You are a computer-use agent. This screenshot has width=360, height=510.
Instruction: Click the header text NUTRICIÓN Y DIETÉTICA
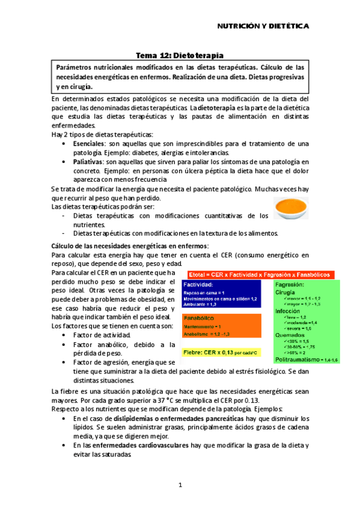(x=263, y=26)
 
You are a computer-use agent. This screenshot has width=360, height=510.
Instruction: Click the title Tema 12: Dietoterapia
(x=179, y=55)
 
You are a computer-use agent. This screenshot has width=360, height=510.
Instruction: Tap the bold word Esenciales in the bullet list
(x=87, y=144)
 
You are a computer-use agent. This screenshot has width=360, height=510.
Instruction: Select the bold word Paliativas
(x=87, y=162)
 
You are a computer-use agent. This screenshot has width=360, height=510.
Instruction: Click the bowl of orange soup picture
(x=290, y=207)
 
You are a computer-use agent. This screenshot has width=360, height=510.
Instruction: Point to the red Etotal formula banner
(x=260, y=272)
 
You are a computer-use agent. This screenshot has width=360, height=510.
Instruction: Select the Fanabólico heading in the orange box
(x=201, y=317)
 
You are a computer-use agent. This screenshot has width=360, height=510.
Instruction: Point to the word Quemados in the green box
(x=289, y=335)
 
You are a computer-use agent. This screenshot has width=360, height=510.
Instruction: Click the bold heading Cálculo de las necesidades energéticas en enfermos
(x=130, y=246)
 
